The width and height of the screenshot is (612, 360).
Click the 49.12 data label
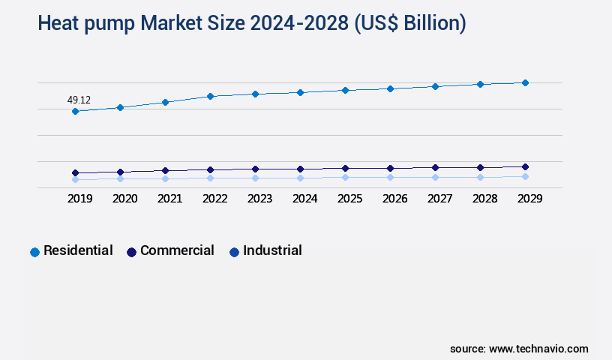79,100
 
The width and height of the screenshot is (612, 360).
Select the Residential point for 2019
75,111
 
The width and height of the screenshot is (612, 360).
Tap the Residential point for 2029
525,82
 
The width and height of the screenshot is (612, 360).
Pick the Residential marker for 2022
210,96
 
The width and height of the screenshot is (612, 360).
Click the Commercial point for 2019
75,172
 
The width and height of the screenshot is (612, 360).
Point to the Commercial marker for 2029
525,166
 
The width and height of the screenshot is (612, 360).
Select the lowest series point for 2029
525,176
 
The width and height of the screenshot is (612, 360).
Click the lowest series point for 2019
75,179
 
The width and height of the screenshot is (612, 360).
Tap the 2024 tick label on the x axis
304,199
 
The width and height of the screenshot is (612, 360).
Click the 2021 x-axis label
169,199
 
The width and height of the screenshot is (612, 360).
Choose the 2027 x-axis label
439,199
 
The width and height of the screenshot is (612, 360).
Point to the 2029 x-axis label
529,199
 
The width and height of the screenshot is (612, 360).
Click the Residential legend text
78,250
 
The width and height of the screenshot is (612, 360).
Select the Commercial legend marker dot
132,252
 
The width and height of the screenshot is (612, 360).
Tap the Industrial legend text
272,250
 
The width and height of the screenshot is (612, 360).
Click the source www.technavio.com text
519,349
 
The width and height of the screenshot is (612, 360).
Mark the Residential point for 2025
345,90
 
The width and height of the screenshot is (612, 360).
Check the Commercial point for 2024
300,169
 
